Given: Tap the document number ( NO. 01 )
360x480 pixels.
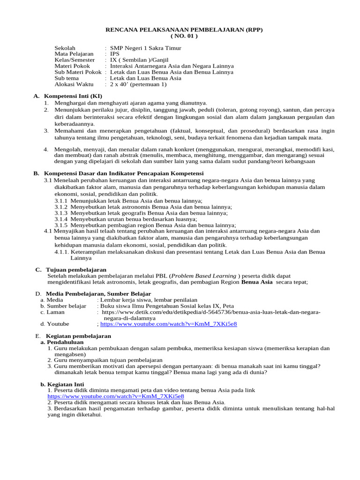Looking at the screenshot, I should tap(183, 36).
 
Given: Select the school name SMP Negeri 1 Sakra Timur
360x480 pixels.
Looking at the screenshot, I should tap(145, 48).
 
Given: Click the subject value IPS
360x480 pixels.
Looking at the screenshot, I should tap(115, 54).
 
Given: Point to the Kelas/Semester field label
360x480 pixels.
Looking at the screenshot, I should tap(75, 60).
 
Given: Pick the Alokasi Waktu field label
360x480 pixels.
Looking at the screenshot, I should tap(75, 84).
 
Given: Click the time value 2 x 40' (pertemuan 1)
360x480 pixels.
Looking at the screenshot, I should tap(138, 84).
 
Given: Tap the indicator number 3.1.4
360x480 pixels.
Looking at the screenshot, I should tap(61, 219).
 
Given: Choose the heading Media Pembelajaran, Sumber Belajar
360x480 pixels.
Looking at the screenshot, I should tap(89, 293).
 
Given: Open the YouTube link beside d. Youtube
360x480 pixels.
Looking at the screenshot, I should tap(168, 323).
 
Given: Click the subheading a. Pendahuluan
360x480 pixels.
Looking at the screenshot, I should tap(63, 342).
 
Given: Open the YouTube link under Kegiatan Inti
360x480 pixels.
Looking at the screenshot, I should tap(115, 396).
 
